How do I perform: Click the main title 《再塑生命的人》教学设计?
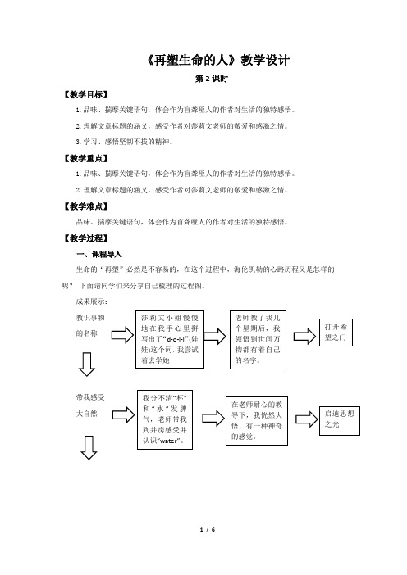tap(218, 60)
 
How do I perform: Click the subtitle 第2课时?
tap(212, 79)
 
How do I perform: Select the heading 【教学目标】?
tap(86, 95)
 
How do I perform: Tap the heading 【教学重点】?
tap(86, 158)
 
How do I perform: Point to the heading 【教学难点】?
tap(86, 206)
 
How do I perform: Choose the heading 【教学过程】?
tap(86, 238)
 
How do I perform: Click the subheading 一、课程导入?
tap(98, 254)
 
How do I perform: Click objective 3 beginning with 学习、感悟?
tap(124, 142)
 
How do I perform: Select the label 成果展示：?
tap(92, 301)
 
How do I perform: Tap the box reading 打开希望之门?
tap(336, 333)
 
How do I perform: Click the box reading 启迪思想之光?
tap(340, 421)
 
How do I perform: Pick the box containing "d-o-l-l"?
tap(170, 340)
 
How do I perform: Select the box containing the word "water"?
tap(165, 420)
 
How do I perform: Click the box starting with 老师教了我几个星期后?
tap(258, 340)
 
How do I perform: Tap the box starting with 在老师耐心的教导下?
tap(257, 421)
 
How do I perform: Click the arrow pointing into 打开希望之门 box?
tap(304, 336)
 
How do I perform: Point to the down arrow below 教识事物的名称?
tap(87, 364)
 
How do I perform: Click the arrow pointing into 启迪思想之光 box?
tap(306, 419)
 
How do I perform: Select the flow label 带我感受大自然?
tap(90, 405)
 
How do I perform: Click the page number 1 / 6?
tap(207, 529)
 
